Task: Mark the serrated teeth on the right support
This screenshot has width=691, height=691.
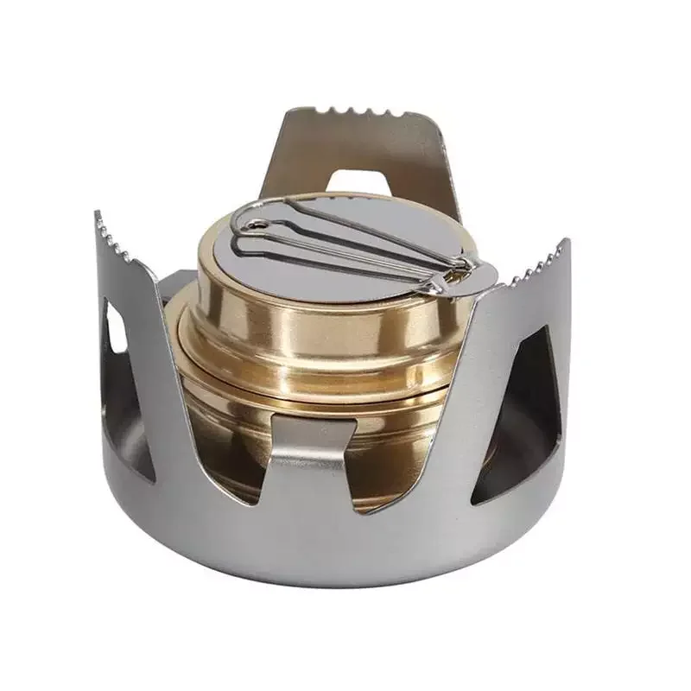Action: coord(536,264)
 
